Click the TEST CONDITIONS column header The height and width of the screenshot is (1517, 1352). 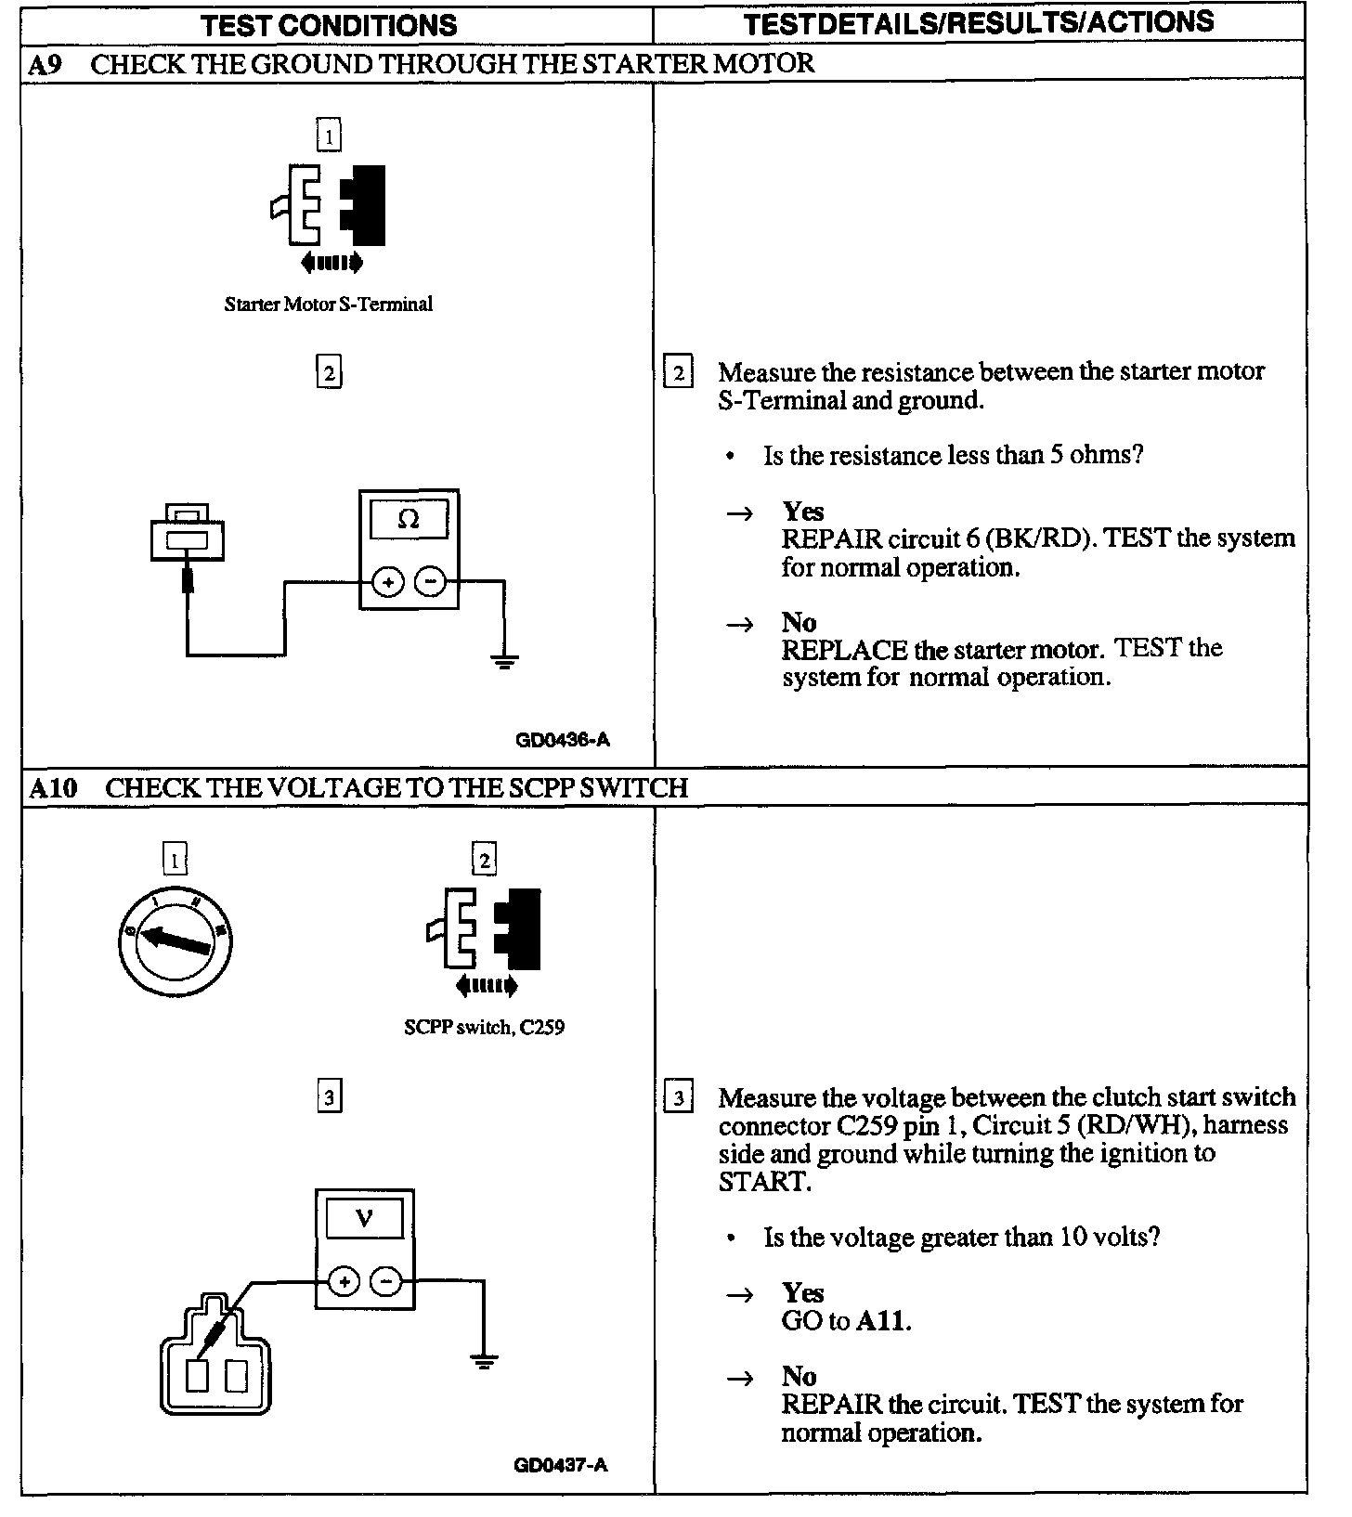point(330,25)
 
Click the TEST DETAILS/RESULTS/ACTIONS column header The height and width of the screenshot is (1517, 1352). point(979,23)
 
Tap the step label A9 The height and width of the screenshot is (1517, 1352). point(45,65)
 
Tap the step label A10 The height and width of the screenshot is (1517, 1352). point(52,788)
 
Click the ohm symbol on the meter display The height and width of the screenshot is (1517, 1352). point(409,520)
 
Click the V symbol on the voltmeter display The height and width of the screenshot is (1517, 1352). point(365,1218)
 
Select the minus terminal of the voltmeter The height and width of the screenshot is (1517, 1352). point(386,1282)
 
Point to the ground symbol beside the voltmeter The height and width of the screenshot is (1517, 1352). point(483,1362)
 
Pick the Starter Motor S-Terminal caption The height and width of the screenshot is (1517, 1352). point(329,305)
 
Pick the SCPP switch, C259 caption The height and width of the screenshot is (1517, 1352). point(484,1028)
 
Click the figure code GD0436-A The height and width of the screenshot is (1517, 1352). point(563,740)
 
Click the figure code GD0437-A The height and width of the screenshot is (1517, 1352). point(561,1465)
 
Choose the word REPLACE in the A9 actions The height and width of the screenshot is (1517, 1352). point(843,649)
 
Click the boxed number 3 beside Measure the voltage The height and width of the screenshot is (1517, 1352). point(679,1099)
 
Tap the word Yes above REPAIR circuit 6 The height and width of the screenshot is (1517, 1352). point(803,512)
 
